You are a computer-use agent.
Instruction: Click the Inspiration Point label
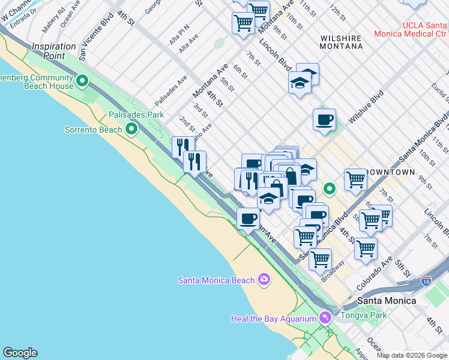[57, 51]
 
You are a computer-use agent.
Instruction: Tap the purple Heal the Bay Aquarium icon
[325, 318]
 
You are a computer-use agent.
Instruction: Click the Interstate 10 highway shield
[426, 280]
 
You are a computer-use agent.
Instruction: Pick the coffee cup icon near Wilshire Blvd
[324, 119]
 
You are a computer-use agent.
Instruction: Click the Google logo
[20, 353]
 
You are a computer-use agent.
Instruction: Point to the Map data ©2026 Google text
[412, 355]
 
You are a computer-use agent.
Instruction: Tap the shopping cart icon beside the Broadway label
[320, 259]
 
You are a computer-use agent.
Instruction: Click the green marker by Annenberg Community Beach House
[82, 81]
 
